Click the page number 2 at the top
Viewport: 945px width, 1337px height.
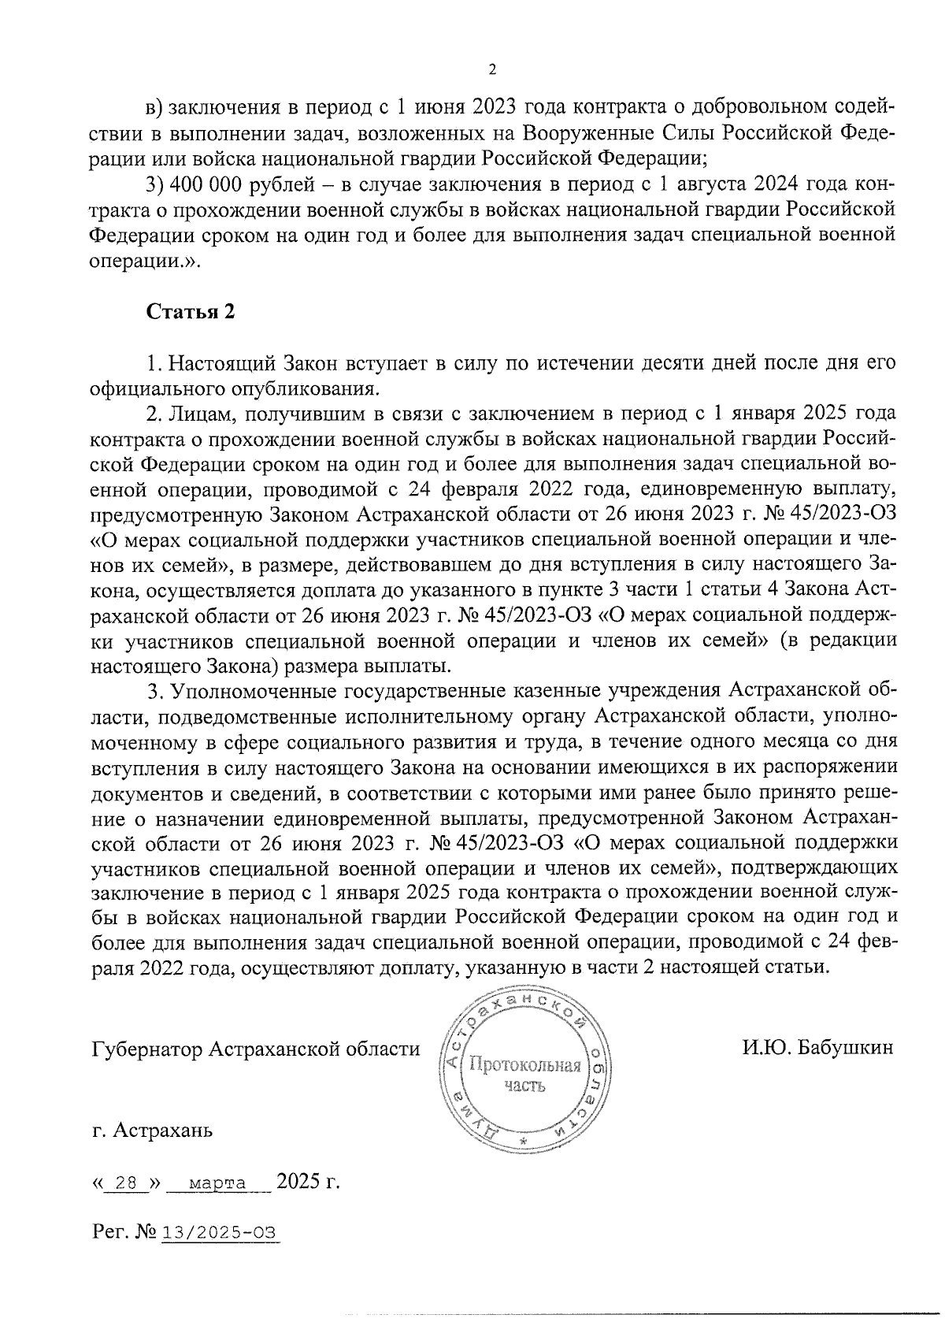492,70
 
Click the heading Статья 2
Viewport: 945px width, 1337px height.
190,312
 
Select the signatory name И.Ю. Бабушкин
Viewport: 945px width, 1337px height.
817,1048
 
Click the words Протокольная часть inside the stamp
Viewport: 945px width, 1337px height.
524,1076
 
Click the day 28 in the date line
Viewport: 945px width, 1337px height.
126,1183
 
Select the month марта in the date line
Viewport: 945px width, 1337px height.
218,1183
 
